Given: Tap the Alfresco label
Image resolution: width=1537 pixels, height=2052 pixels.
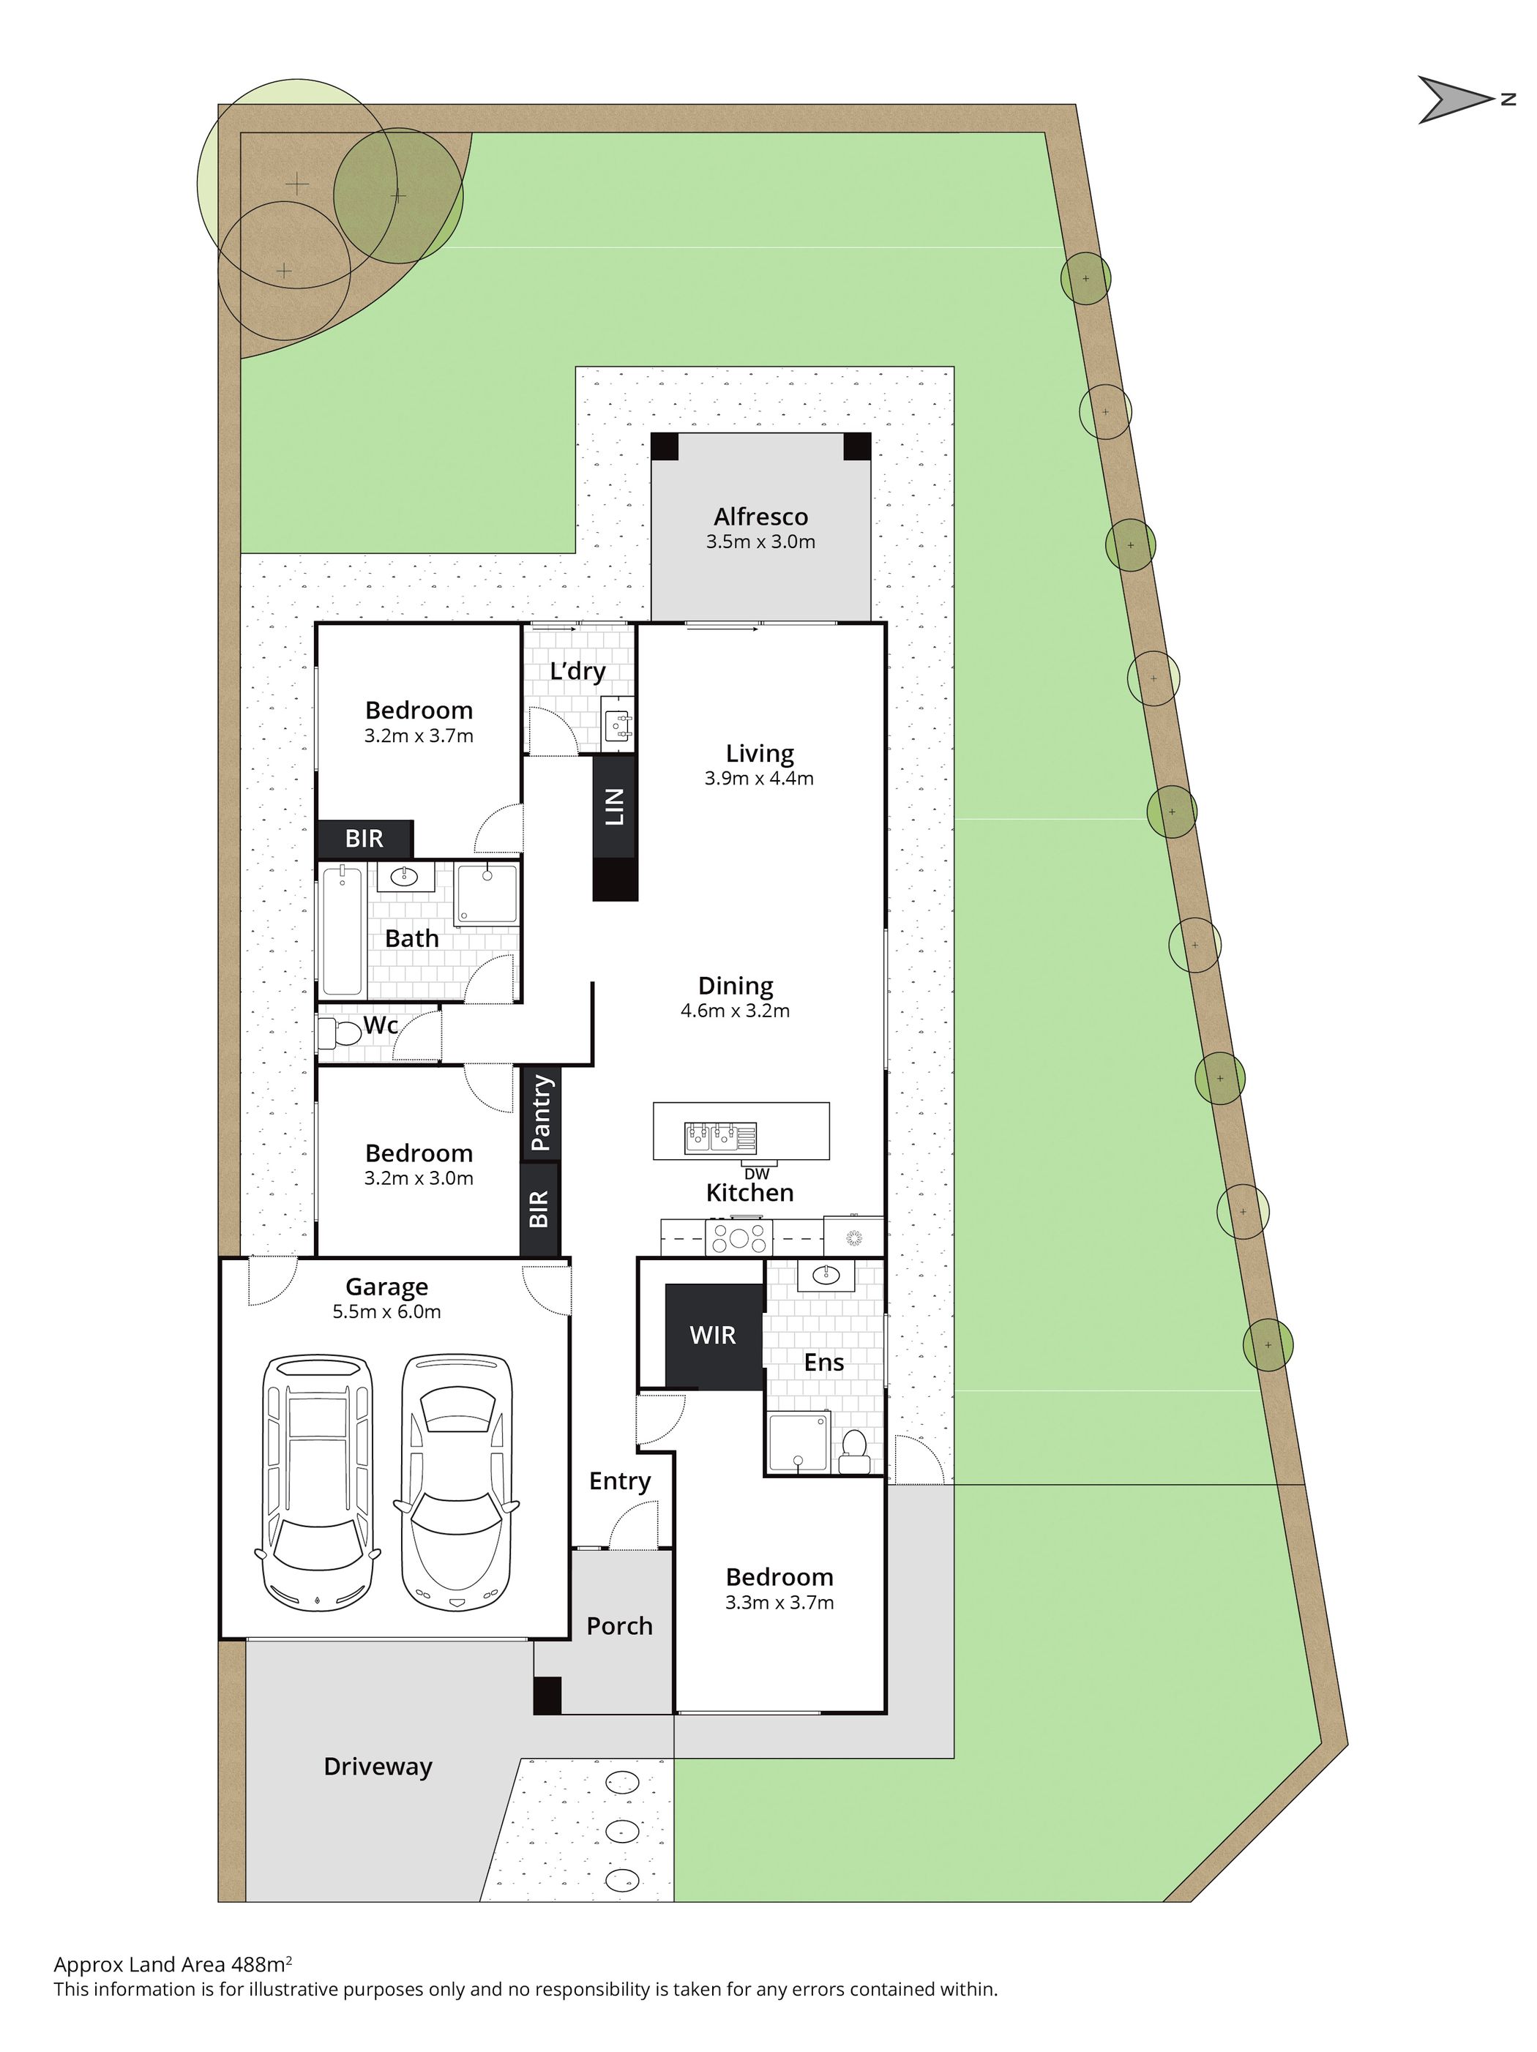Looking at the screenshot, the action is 760,517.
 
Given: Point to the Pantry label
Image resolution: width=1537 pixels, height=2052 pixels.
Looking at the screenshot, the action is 541,1112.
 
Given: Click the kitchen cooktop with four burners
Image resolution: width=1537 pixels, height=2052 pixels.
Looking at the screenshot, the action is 738,1237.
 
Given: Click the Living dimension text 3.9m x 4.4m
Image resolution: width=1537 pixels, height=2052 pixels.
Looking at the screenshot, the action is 759,779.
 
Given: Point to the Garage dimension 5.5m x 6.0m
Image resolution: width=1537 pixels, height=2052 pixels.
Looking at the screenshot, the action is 386,1311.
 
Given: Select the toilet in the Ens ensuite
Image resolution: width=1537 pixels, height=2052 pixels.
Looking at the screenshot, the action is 853,1452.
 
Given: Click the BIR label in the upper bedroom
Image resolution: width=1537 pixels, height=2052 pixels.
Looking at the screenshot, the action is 364,839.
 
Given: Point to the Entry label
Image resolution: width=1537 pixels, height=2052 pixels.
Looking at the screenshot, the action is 620,1481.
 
